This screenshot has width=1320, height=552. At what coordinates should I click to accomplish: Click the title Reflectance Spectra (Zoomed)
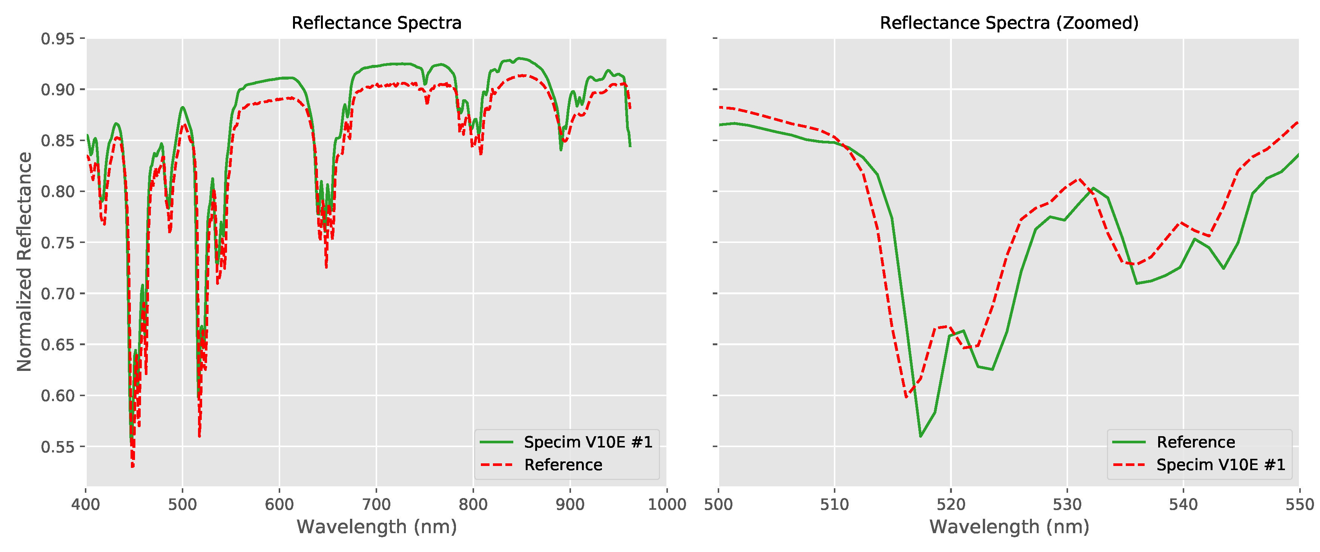(x=1008, y=23)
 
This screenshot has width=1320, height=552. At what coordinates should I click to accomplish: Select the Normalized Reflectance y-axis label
(x=24, y=261)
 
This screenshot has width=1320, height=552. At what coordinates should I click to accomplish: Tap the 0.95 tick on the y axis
(x=57, y=39)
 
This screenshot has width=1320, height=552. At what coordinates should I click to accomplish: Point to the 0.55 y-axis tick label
(x=57, y=446)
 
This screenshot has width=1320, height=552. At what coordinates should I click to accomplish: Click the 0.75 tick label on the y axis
(x=57, y=243)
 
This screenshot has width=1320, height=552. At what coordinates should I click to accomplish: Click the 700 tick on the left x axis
(x=376, y=504)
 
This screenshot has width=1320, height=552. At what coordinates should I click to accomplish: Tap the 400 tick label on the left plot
(x=86, y=504)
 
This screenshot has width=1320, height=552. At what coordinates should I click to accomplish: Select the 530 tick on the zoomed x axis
(x=1067, y=504)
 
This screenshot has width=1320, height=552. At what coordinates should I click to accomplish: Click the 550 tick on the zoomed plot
(x=1299, y=504)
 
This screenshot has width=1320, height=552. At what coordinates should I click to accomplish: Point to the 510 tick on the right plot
(x=835, y=504)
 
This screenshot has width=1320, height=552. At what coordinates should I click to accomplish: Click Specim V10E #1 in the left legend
(x=588, y=442)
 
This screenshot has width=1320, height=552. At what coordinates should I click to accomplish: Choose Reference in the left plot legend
(x=563, y=465)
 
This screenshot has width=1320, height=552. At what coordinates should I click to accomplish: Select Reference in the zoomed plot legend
(x=1196, y=442)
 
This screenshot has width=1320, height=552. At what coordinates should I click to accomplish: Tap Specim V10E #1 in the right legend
(x=1220, y=465)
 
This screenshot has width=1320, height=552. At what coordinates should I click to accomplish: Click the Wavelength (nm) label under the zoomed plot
(x=1008, y=527)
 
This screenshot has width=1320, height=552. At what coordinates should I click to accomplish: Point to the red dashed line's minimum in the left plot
(x=133, y=466)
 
